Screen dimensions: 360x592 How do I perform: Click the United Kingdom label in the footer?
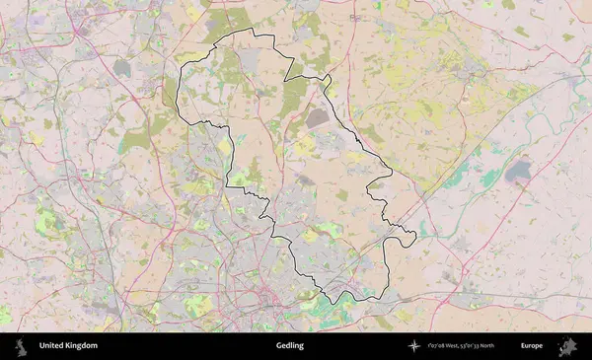[68, 346]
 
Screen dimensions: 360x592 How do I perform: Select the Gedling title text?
[290, 346]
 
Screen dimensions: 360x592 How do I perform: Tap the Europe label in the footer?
[532, 346]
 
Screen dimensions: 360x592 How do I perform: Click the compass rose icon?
[414, 346]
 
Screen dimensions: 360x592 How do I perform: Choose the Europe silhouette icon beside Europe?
[567, 346]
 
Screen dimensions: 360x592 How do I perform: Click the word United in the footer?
[51, 346]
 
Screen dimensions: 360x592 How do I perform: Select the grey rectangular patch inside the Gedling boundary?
[318, 118]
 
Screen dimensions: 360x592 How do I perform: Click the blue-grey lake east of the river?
[518, 173]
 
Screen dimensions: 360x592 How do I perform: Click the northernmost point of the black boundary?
[252, 31]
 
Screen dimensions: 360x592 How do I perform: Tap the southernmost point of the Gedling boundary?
[340, 302]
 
